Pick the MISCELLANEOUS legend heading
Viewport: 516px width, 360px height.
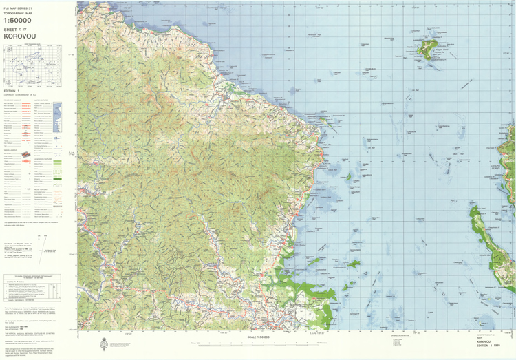(x=15, y=148)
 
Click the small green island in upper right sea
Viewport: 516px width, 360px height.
(x=431, y=48)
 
